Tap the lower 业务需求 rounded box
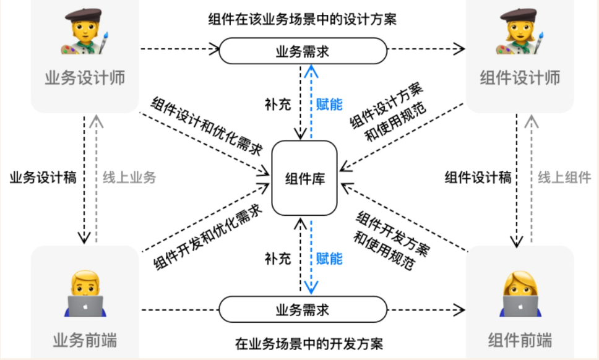click(x=302, y=309)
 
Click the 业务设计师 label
click(x=85, y=78)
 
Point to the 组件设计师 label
click(x=520, y=78)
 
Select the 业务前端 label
click(x=85, y=340)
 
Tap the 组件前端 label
click(x=520, y=340)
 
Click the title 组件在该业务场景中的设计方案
click(x=302, y=19)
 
